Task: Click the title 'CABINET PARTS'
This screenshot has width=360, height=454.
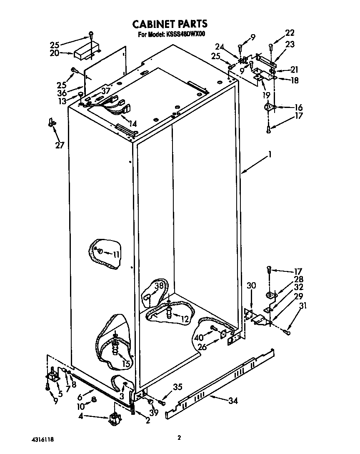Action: (170, 24)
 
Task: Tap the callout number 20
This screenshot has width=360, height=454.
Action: (55, 53)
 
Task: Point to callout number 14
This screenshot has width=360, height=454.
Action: (133, 123)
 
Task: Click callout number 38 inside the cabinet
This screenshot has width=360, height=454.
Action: (159, 286)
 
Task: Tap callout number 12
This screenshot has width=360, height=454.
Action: (185, 319)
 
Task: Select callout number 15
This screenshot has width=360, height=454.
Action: (126, 364)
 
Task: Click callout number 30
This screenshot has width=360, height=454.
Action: (251, 286)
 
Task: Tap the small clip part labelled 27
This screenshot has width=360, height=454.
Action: (52, 122)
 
